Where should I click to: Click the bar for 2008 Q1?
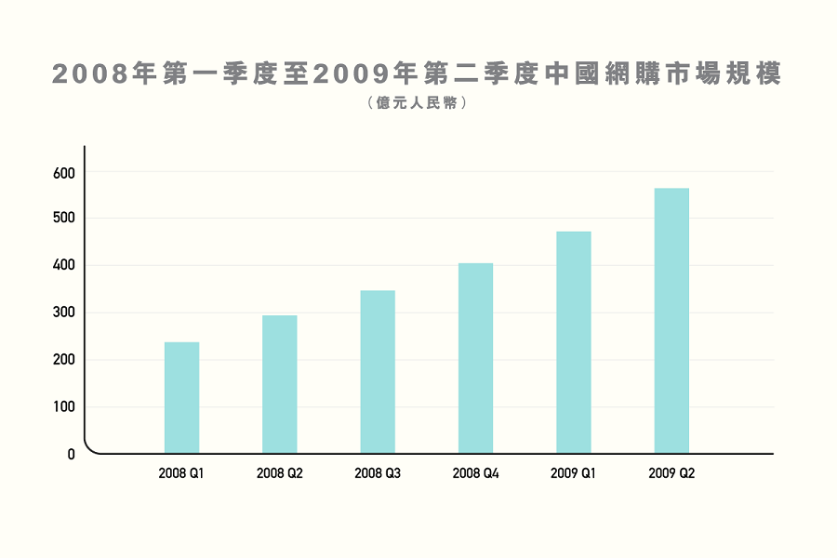[x=181, y=398]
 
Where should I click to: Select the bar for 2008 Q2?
[x=280, y=384]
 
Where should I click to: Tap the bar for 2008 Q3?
[x=378, y=372]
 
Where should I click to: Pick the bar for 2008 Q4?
[x=475, y=358]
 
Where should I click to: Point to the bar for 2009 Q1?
[x=574, y=342]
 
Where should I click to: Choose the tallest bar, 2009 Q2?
[x=671, y=321]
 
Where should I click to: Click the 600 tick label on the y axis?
[x=64, y=174]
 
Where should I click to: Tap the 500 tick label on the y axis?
[x=64, y=218]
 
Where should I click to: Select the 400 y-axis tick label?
[x=64, y=265]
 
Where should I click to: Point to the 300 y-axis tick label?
[x=64, y=312]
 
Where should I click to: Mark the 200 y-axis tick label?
[x=64, y=359]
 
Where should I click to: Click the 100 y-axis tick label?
[x=64, y=407]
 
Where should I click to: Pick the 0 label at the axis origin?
[x=71, y=455]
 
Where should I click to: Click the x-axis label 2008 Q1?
[x=181, y=473]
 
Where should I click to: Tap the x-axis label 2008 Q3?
[x=378, y=473]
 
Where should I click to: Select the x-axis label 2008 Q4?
[x=475, y=473]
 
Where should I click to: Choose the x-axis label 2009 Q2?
[x=671, y=473]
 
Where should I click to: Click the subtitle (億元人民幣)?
[x=418, y=102]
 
